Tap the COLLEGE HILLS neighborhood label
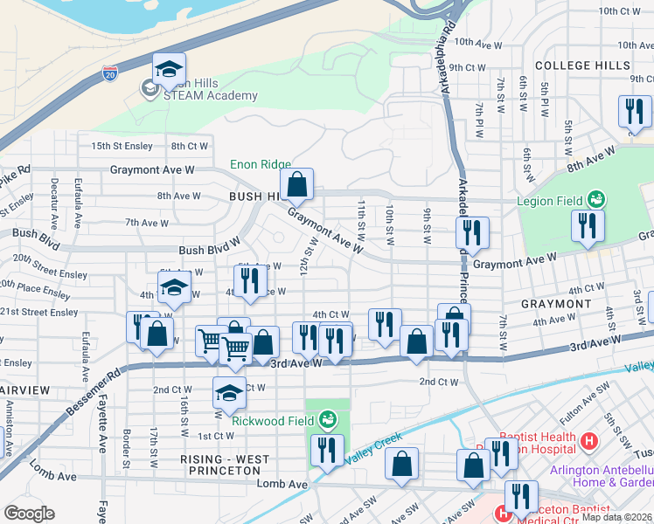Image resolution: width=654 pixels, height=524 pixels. [582, 65]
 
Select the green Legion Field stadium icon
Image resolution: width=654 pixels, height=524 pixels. [597, 200]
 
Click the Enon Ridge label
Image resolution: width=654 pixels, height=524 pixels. [260, 164]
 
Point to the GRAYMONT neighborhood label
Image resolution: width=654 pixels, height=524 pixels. [556, 304]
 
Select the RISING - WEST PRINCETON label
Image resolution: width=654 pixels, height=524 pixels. [225, 458]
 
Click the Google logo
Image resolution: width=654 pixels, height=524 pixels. [29, 513]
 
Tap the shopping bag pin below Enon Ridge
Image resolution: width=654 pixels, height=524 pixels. [297, 185]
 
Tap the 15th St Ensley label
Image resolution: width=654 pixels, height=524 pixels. [122, 146]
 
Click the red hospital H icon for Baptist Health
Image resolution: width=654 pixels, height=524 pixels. [589, 442]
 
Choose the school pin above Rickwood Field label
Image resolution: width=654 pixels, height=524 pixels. [229, 394]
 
